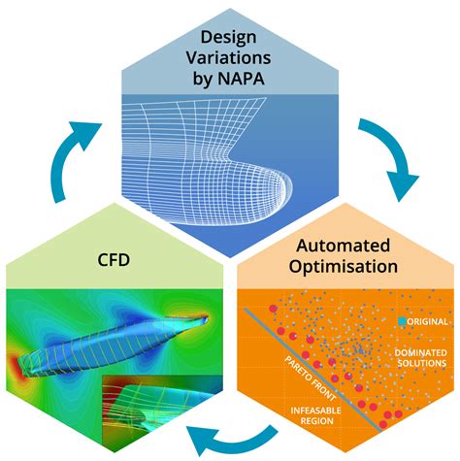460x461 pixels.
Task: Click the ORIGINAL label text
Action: click(427, 321)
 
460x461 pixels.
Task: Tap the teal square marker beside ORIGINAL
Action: click(400, 321)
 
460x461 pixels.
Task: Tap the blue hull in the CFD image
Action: click(126, 330)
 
